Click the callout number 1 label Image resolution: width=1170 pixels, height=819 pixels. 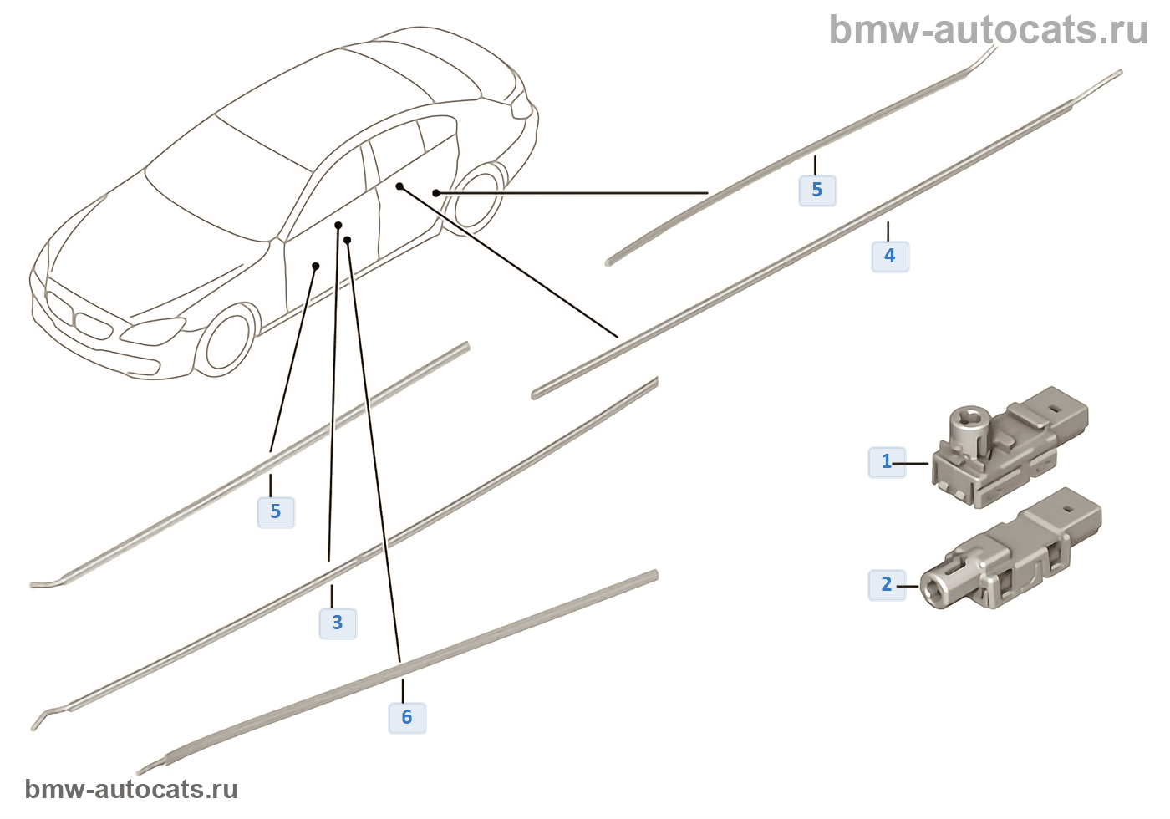pos(887,461)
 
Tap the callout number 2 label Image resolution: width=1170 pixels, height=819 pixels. pos(887,584)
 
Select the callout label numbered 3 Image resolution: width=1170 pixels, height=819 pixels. pos(338,623)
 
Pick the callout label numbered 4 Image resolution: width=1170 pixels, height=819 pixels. pos(890,256)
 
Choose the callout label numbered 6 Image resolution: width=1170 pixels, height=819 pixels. pos(407,717)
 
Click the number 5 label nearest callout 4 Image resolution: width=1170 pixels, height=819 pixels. pos(817,190)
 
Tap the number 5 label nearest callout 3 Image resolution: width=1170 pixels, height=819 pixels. pos(276,511)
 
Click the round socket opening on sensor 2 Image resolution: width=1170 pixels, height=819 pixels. pos(933,587)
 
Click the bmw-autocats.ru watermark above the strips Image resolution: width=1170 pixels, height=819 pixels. pos(988,30)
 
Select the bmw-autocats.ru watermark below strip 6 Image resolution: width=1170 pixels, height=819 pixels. pos(131,790)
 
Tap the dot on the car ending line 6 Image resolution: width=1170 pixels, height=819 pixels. pos(347,240)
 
